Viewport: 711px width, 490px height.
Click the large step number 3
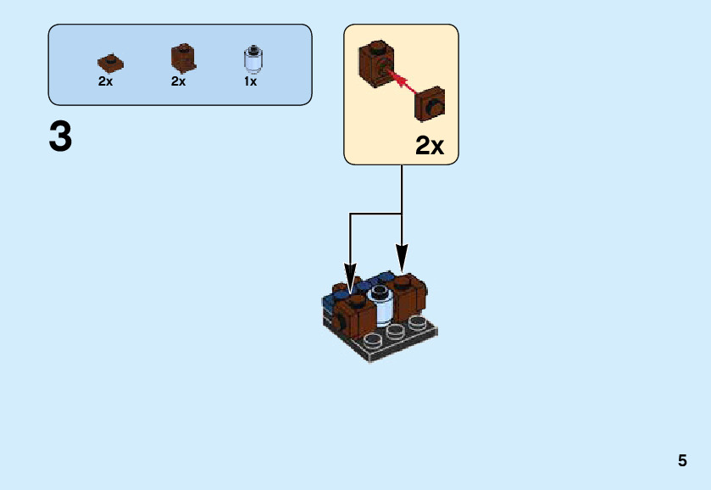point(60,136)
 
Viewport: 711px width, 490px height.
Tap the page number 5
point(682,461)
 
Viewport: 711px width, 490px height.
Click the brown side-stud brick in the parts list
point(182,58)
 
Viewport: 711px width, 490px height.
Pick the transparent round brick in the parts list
point(252,58)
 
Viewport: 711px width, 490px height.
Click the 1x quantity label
point(251,82)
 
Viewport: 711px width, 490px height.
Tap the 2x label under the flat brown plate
point(105,82)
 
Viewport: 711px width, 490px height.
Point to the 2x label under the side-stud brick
point(178,82)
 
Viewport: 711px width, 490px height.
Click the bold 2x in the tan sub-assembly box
point(430,146)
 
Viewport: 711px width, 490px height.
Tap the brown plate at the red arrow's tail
point(431,106)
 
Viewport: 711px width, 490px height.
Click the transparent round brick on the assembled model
point(380,306)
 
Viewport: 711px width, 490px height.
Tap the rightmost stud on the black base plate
point(416,322)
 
